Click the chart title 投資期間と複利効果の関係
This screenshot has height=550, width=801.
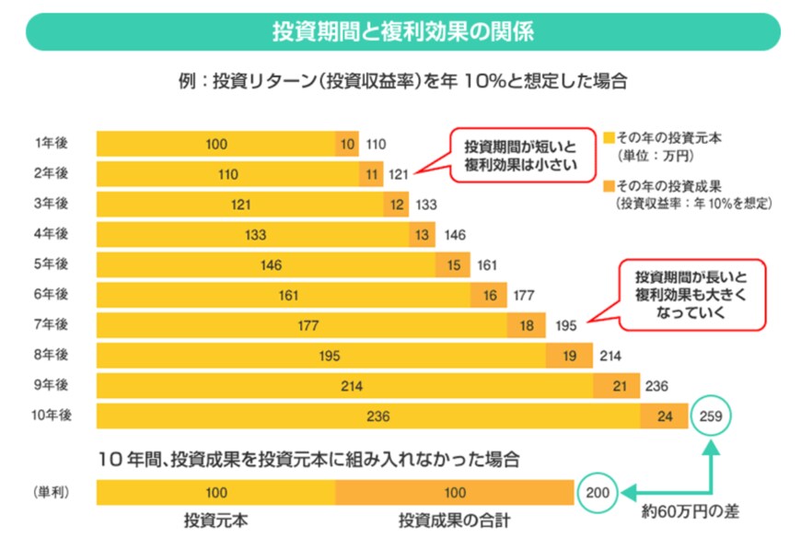tap(402, 31)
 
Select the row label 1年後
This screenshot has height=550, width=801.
tap(52, 144)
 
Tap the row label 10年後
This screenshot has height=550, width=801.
tap(52, 415)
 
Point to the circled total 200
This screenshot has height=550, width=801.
tap(598, 493)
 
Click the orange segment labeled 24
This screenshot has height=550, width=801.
tap(665, 416)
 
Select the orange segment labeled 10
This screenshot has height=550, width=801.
tap(347, 144)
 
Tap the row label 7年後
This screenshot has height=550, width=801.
tap(52, 325)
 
